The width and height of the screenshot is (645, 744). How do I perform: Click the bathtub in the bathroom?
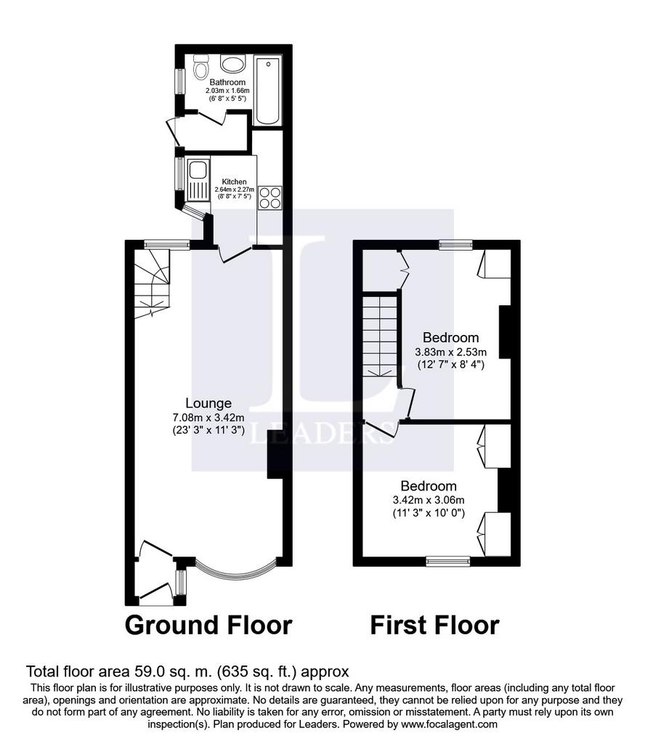coord(267,90)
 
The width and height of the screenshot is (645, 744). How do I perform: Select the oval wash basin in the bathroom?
coord(232,63)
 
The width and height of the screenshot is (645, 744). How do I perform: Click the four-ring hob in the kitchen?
coord(269,198)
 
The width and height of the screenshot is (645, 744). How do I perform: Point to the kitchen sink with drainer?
coord(198,180)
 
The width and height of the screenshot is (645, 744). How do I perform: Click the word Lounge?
coord(208,403)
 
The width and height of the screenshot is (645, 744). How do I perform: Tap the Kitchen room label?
coord(235,182)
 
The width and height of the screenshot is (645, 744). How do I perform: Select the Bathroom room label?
coord(227,82)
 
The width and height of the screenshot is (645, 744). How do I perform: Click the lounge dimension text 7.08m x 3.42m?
coord(208,418)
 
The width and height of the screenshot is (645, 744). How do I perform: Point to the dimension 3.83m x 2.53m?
coord(450,352)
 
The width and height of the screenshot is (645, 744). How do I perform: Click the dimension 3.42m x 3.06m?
coord(429,500)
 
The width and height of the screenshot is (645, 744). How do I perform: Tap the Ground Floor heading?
coord(208,626)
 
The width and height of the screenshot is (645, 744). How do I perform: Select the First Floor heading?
coord(434,626)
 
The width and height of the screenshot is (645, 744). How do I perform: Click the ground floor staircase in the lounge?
coord(152,283)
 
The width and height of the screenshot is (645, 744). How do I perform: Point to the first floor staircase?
coord(381,336)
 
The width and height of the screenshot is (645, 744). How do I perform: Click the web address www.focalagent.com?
coord(449,724)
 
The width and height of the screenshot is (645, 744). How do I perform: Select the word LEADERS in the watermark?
coord(322,433)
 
